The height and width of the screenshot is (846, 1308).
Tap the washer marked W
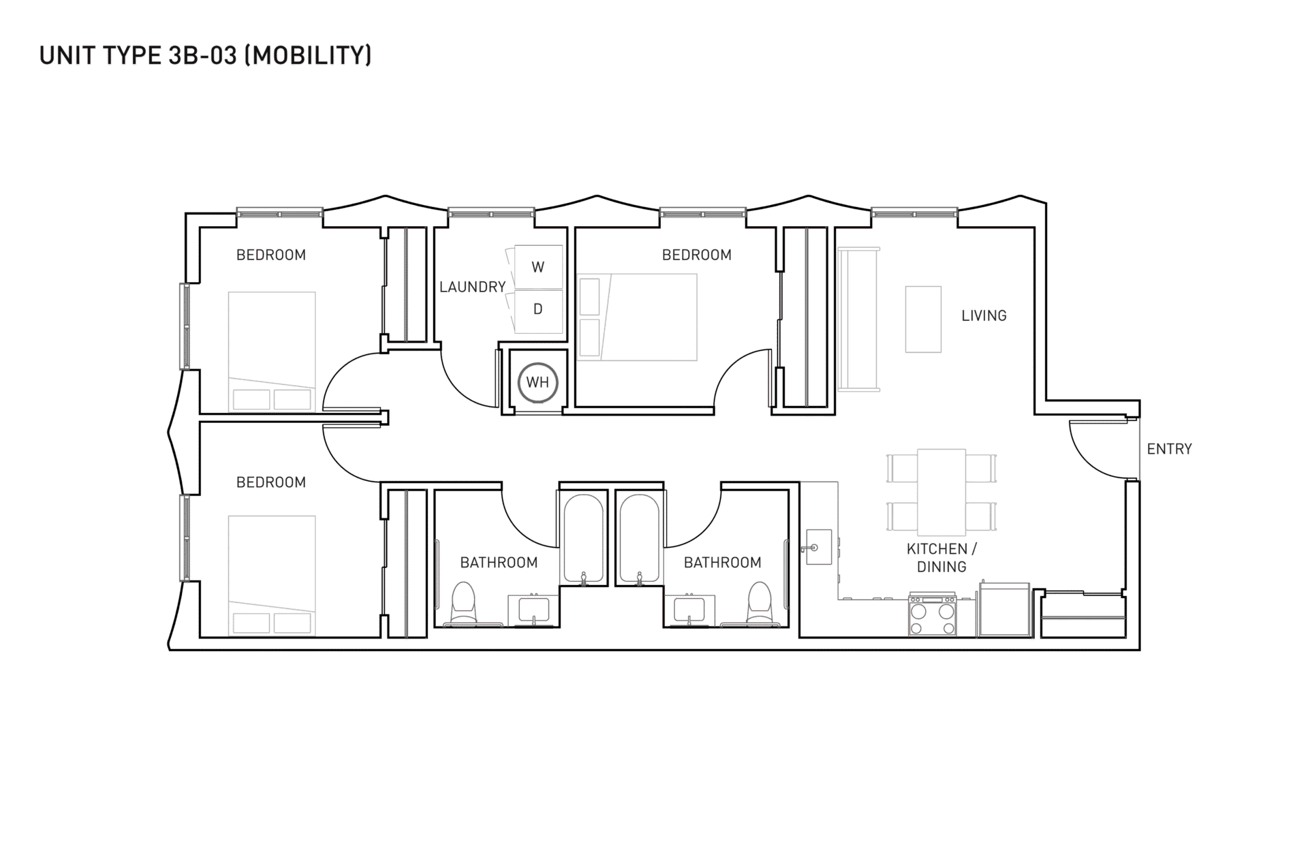pyautogui.click(x=538, y=267)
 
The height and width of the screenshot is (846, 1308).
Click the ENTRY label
pyautogui.click(x=1169, y=449)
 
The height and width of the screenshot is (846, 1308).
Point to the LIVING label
pyautogui.click(x=984, y=315)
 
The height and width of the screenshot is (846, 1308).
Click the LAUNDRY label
pyautogui.click(x=472, y=287)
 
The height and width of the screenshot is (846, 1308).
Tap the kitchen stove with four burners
pyautogui.click(x=932, y=616)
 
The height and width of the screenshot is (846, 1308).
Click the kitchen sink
pyautogui.click(x=818, y=547)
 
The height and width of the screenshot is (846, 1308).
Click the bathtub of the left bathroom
pyautogui.click(x=583, y=538)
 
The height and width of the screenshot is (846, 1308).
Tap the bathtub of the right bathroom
pyautogui.click(x=640, y=538)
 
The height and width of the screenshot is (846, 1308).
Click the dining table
pyautogui.click(x=941, y=492)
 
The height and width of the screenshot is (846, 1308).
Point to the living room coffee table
pyautogui.click(x=923, y=319)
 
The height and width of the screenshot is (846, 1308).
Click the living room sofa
pyautogui.click(x=859, y=320)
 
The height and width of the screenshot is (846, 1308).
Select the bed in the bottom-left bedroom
pyautogui.click(x=272, y=576)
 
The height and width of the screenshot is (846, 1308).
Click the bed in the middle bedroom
pyautogui.click(x=637, y=317)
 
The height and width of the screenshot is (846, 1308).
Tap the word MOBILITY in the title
pyautogui.click(x=308, y=55)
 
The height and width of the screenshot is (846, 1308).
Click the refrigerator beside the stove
pyautogui.click(x=1004, y=609)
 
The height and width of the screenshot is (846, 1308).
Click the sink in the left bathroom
pyautogui.click(x=533, y=610)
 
